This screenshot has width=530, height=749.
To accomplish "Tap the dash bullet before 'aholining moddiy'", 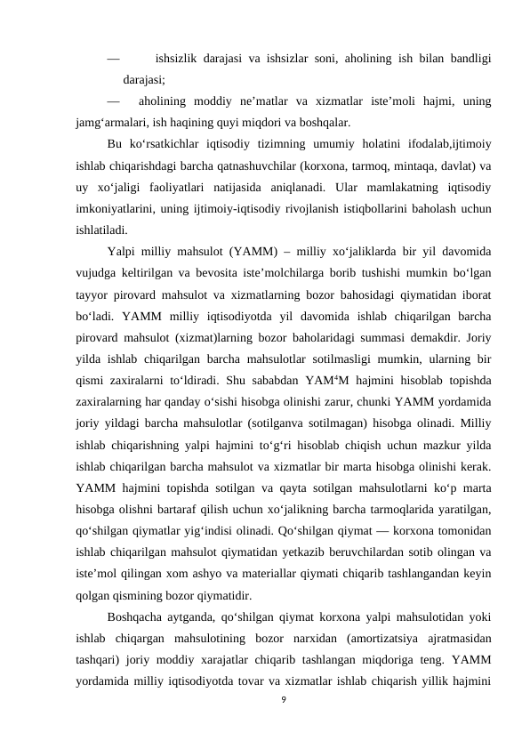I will pos(113,101).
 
